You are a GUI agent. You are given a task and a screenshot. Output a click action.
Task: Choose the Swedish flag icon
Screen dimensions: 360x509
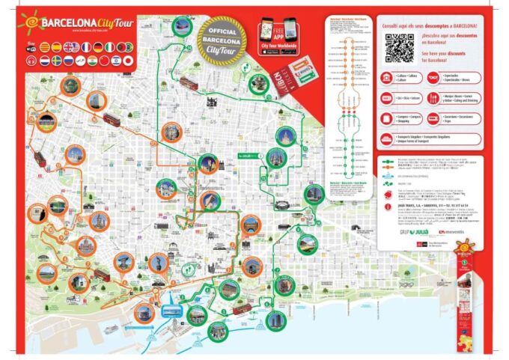57,61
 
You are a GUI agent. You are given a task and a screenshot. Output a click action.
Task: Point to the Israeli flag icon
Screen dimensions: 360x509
116,61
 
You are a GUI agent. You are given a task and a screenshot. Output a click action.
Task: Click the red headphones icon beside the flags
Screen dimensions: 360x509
31,61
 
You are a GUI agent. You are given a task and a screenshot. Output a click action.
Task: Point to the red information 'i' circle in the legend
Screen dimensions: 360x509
388,207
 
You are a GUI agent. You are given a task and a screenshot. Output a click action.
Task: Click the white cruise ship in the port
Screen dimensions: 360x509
111,328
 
